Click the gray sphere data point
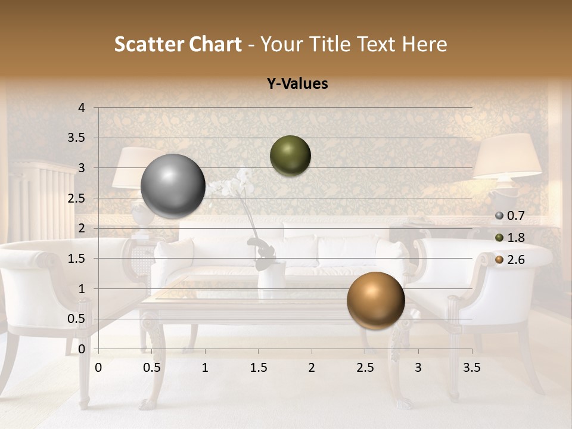(173, 186)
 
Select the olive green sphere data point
(290, 156)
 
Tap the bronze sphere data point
(375, 300)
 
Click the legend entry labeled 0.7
(510, 216)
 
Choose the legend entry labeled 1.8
(510, 238)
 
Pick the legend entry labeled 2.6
(510, 259)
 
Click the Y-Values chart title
(297, 84)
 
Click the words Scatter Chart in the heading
(178, 44)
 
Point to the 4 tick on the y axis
(82, 108)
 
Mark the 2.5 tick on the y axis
(76, 198)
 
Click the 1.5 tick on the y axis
(76, 259)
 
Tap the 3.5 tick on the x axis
(472, 368)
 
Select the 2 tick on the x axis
(312, 368)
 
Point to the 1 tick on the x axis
(205, 368)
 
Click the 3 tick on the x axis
(418, 368)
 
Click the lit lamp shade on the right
(507, 156)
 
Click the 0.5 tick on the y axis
(76, 319)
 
